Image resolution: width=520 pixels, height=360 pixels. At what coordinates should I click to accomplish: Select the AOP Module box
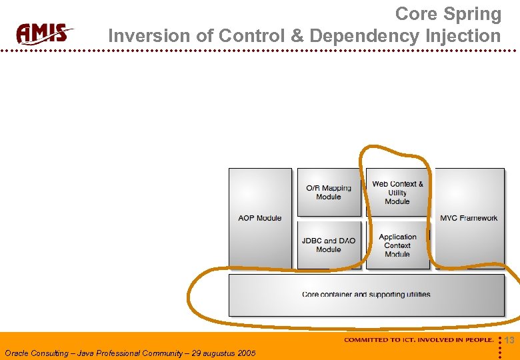click(x=260, y=218)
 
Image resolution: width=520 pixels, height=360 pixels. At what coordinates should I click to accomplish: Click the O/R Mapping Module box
click(x=329, y=192)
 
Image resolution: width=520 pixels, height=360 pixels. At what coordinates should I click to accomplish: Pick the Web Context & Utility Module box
click(x=397, y=192)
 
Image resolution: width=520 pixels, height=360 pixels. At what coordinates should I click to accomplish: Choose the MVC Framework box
click(x=469, y=218)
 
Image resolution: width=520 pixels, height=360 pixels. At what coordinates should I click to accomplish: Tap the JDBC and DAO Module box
click(x=329, y=245)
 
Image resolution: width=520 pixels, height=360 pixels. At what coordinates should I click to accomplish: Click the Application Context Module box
click(x=397, y=245)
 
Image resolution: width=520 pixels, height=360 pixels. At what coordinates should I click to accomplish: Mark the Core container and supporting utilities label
click(x=366, y=294)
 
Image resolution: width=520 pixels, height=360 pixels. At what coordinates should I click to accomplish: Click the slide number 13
click(x=509, y=341)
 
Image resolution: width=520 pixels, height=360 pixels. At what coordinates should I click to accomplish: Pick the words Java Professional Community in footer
click(x=130, y=353)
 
